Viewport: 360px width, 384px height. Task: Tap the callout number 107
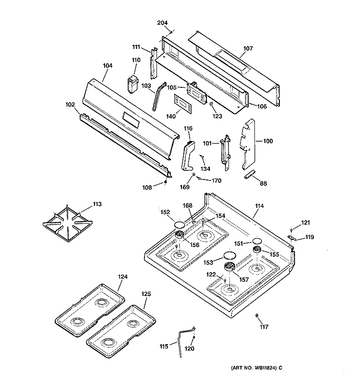click(x=248, y=48)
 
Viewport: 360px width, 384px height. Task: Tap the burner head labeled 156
click(x=181, y=235)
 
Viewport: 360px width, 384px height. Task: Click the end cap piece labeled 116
click(x=188, y=155)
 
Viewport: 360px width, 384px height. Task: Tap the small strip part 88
click(x=251, y=174)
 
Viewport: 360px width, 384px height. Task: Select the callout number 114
click(x=259, y=206)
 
